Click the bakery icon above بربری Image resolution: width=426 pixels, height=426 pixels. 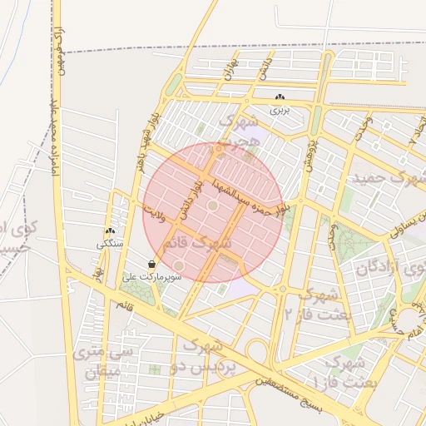tap(278, 98)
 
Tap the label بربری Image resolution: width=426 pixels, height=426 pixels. tap(278, 110)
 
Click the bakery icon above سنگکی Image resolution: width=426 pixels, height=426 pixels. tap(110, 232)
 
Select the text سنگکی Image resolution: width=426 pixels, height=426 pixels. tap(110, 244)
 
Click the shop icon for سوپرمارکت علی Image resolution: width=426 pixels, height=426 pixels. tap(151, 264)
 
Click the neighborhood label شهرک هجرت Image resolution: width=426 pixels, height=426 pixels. tap(241, 131)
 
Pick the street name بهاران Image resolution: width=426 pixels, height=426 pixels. tap(231, 69)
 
